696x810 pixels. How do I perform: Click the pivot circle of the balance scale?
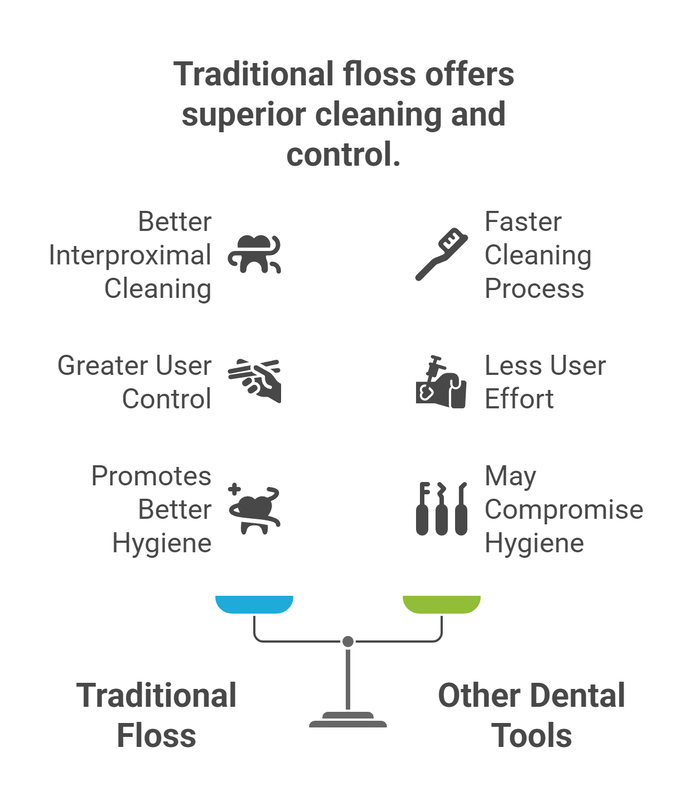pyautogui.click(x=348, y=642)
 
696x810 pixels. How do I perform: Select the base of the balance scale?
pyautogui.click(x=348, y=721)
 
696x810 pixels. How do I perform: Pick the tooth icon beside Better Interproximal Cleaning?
pyautogui.click(x=254, y=254)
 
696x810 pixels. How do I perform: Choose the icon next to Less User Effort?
pyautogui.click(x=441, y=382)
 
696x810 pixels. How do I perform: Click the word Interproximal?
pyautogui.click(x=130, y=255)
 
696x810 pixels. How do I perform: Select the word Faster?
pyautogui.click(x=523, y=221)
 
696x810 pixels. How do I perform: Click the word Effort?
pyautogui.click(x=519, y=399)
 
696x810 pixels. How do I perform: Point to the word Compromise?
pyautogui.click(x=563, y=509)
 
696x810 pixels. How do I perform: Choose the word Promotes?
pyautogui.click(x=151, y=476)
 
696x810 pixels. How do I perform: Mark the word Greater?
pyautogui.click(x=96, y=366)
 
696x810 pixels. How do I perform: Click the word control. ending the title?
pyautogui.click(x=343, y=154)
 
